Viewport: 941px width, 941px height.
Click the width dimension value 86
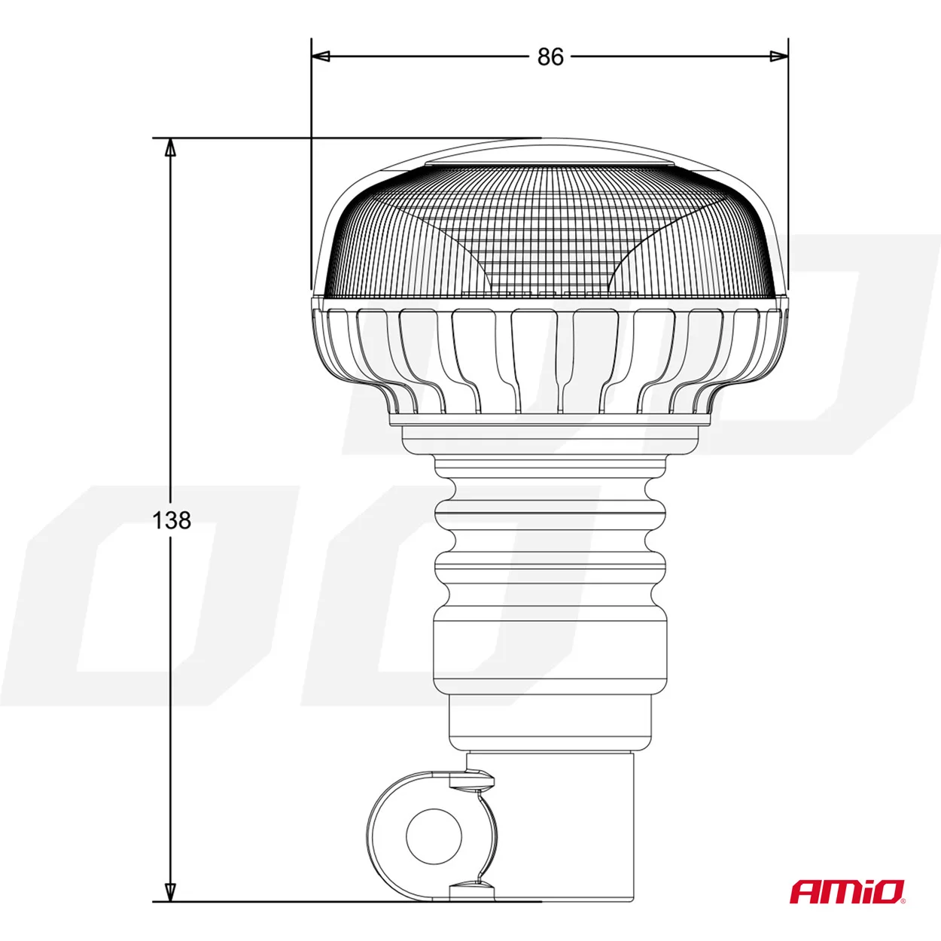click(550, 56)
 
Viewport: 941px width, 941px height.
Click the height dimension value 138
click(172, 520)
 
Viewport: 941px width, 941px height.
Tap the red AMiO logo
click(847, 892)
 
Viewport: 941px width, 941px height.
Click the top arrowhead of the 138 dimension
click(171, 148)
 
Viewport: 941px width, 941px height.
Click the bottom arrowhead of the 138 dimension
click(171, 891)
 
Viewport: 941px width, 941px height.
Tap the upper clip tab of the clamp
click(473, 781)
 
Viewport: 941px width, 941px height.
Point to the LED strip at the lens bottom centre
click(550, 292)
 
